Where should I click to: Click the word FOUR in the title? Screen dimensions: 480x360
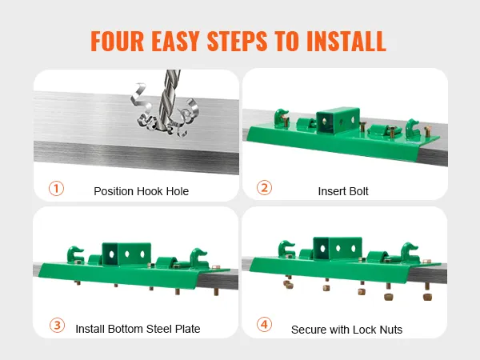pos(118,41)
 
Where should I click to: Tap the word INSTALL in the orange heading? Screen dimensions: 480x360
pos(346,41)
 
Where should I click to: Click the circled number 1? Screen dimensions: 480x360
pos(56,188)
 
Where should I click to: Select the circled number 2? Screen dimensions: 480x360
pos(264,188)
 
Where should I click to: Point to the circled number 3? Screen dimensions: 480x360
pos(58,325)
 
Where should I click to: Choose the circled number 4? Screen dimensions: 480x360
pos(264,324)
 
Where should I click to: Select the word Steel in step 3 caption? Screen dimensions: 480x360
pos(159,329)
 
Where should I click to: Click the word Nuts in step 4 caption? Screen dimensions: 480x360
pos(391,330)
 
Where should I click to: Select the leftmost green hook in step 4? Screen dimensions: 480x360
pos(286,249)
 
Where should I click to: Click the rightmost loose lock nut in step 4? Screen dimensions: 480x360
pos(427,296)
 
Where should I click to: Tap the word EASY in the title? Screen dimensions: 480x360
pos(175,41)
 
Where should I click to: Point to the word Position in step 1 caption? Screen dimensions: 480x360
pos(114,191)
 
